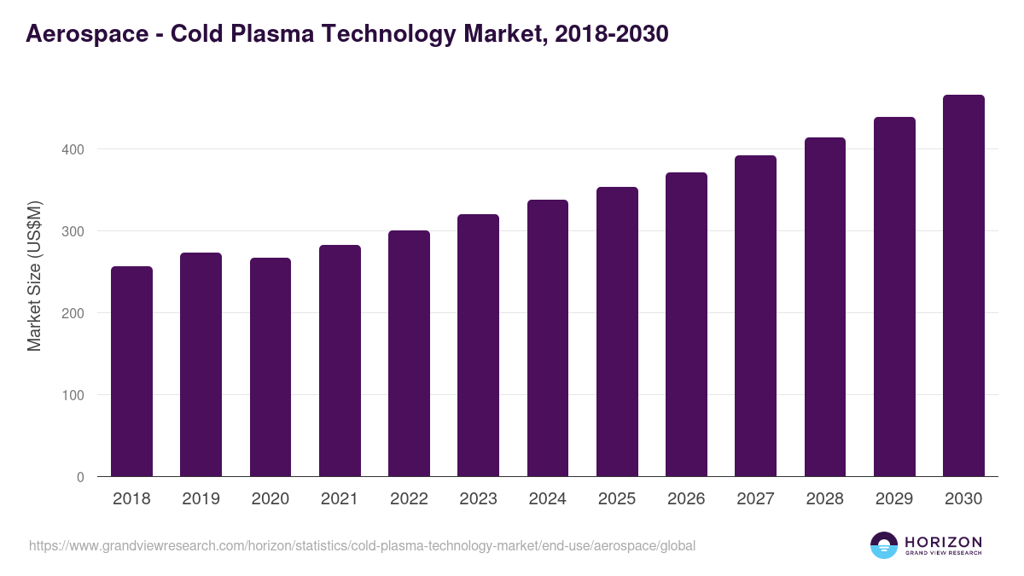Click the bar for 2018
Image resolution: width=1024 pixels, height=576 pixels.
click(131, 371)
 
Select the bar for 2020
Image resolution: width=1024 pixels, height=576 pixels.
click(271, 367)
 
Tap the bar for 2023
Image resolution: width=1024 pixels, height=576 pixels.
click(478, 346)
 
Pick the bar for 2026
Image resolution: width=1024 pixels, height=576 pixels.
click(686, 324)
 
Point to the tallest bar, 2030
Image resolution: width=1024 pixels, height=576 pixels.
click(963, 286)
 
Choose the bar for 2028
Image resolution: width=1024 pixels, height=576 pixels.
click(825, 307)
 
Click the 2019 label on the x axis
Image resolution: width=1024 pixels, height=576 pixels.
click(201, 499)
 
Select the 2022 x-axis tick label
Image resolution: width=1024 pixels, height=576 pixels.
click(409, 499)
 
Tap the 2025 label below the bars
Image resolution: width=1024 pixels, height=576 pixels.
click(617, 499)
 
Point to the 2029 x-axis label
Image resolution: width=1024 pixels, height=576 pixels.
click(894, 499)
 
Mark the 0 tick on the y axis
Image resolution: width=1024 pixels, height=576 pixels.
click(80, 477)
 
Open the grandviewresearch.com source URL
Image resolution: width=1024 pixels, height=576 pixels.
click(362, 545)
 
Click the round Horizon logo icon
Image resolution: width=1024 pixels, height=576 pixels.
click(883, 545)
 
